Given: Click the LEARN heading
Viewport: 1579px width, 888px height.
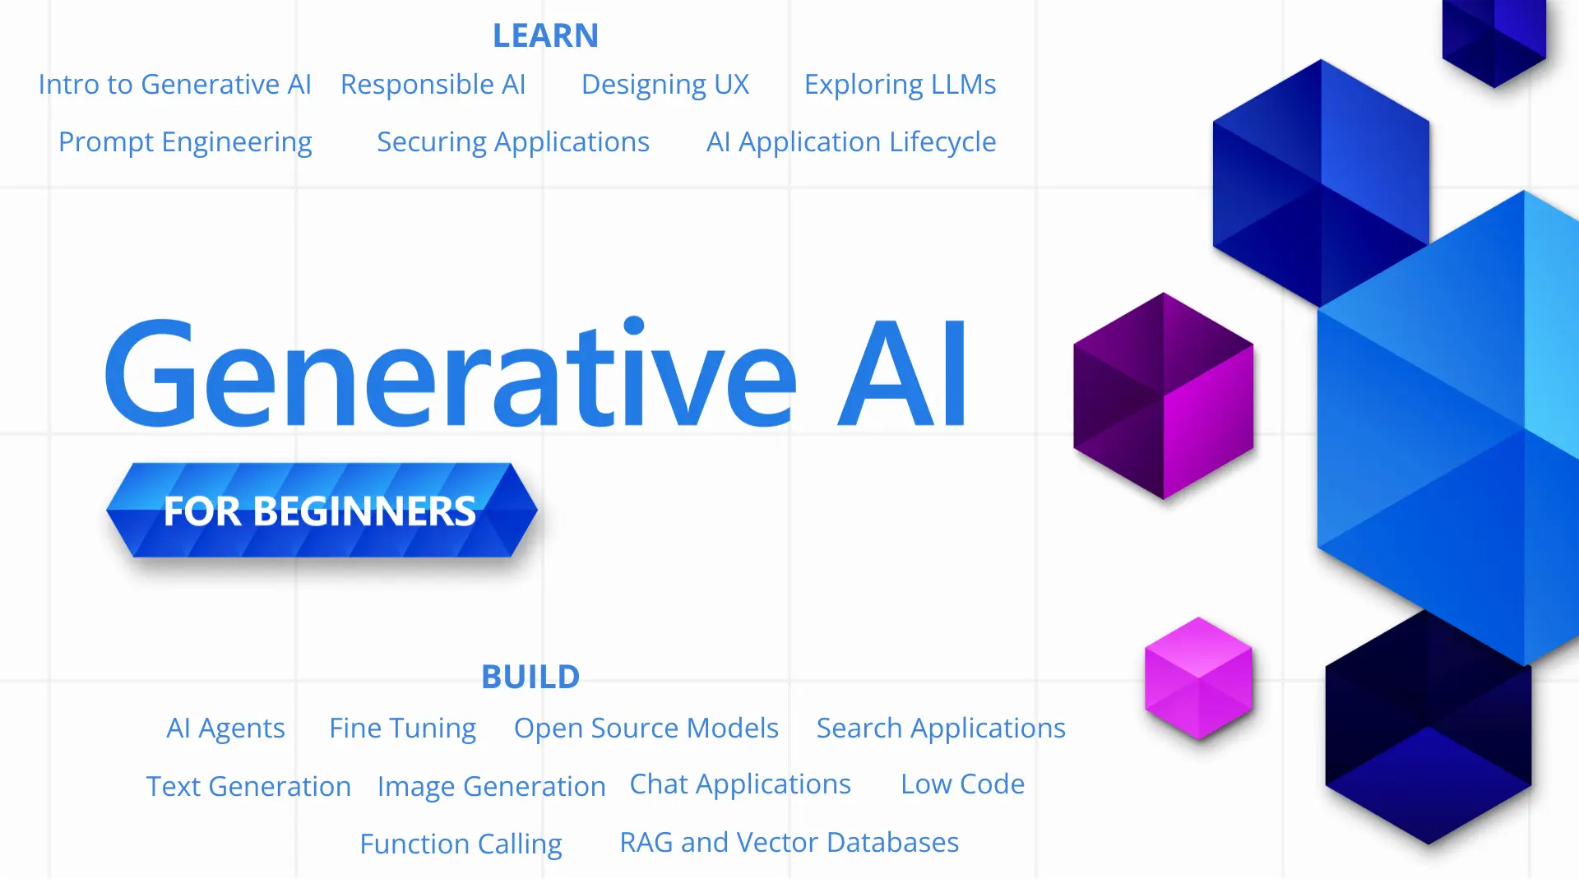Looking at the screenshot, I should [545, 35].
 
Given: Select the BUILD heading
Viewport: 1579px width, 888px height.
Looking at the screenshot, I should [530, 677].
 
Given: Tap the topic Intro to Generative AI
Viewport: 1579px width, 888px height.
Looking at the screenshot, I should [174, 85].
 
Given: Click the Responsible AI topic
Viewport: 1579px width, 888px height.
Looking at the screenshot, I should [433, 85].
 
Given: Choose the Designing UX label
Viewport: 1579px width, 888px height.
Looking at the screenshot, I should [664, 85].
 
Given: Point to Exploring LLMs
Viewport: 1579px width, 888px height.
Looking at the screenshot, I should [900, 85].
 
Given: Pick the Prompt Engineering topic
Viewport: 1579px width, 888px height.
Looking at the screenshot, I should [185, 142].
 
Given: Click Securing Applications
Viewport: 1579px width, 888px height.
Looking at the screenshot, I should [513, 142].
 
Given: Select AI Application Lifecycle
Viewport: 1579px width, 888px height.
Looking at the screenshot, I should [851, 142].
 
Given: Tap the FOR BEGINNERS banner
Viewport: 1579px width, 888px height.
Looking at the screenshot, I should [321, 511].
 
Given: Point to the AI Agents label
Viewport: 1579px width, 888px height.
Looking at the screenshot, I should [225, 728].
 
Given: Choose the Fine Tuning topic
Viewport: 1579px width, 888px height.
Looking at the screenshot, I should [402, 728].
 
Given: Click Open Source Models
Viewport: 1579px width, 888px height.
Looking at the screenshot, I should [646, 728].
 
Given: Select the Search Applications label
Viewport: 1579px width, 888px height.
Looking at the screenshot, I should [941, 728].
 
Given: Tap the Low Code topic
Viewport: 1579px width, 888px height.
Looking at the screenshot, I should [962, 784].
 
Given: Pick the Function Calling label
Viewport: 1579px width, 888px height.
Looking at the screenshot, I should [461, 844].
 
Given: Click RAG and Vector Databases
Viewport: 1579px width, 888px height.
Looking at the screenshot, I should [789, 843].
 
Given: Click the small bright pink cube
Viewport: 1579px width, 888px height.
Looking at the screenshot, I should [1198, 678].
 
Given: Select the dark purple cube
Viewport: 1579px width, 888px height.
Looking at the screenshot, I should [1163, 396].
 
